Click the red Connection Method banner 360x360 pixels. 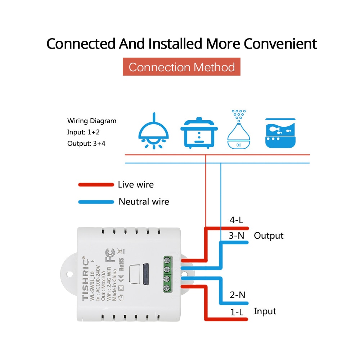[x=181, y=67]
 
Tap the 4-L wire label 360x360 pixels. [x=237, y=220]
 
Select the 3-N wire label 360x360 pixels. [x=237, y=236]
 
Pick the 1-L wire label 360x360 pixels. [x=237, y=312]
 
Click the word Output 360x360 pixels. [x=269, y=236]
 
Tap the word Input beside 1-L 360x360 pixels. [x=265, y=311]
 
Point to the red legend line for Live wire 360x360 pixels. [x=96, y=185]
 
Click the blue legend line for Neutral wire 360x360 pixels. [x=96, y=202]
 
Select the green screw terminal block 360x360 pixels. [x=167, y=274]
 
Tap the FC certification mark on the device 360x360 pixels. [x=110, y=255]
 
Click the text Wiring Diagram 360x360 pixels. [x=92, y=121]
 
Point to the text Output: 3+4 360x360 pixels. [x=86, y=143]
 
